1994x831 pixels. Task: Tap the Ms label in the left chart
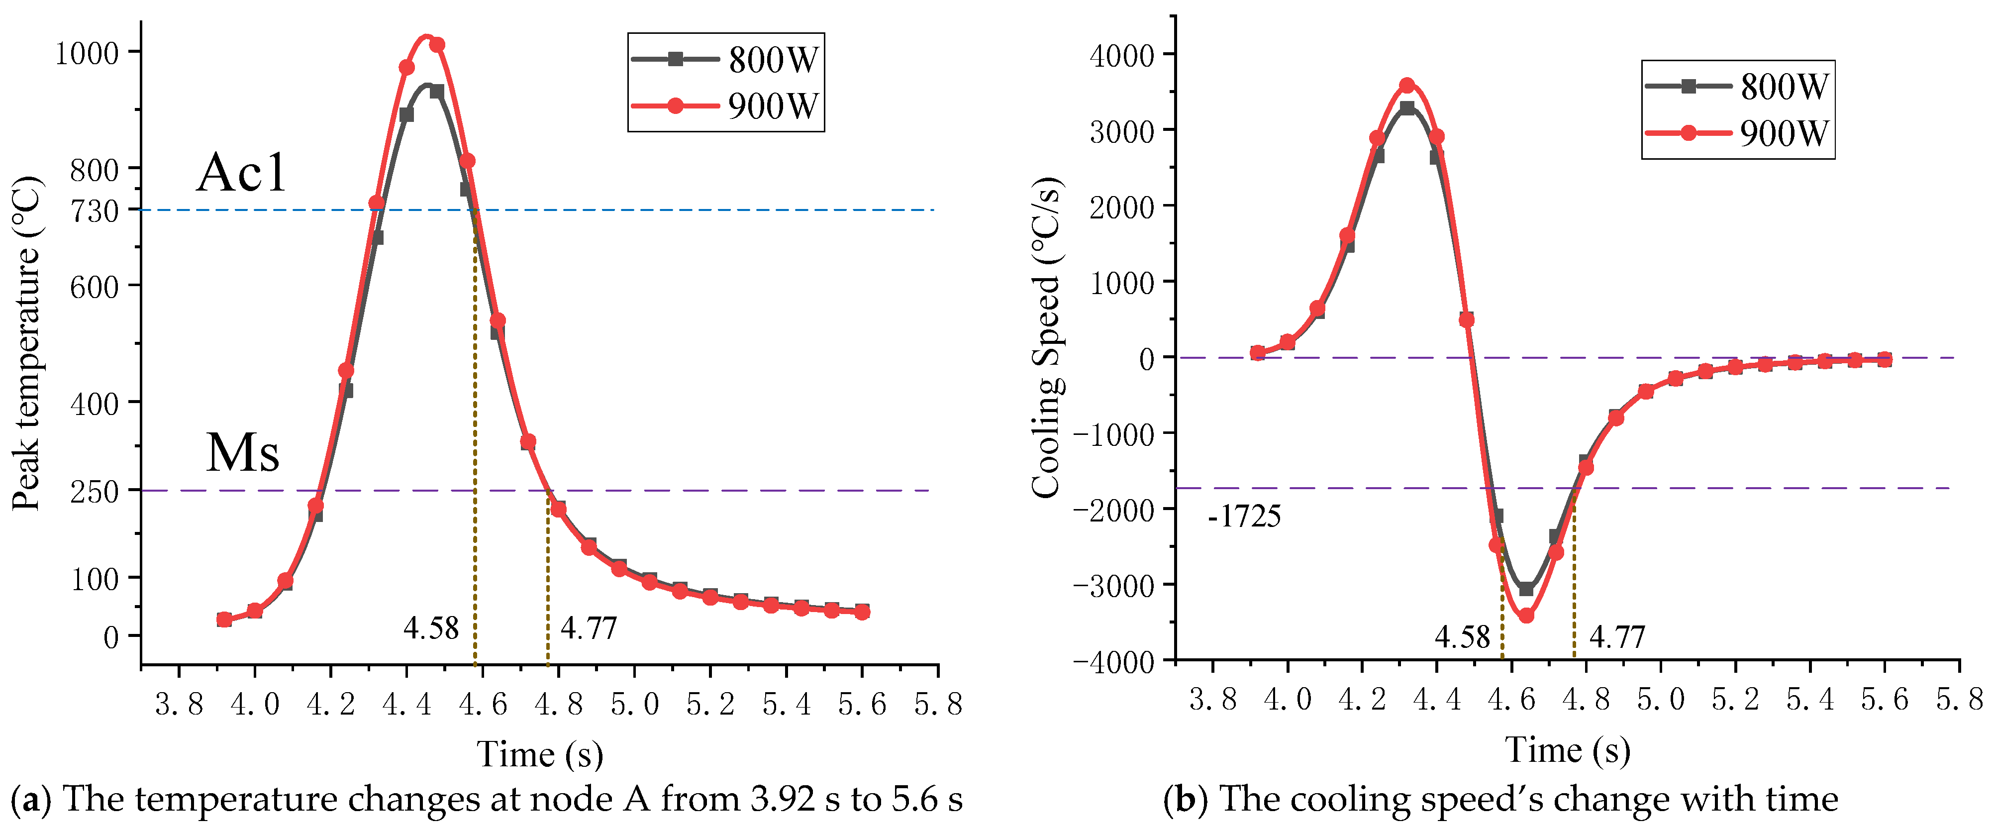coord(242,452)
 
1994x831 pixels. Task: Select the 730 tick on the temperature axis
coord(95,210)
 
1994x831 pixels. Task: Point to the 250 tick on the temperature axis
coord(95,491)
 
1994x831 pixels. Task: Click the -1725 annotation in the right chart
coord(1244,516)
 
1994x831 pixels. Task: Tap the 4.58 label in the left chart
coord(431,627)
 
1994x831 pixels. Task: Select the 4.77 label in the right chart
coord(1617,636)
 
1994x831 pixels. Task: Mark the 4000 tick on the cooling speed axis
coord(1121,56)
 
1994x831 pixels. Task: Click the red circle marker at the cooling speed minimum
coord(1526,616)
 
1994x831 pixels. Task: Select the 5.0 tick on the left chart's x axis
coord(635,704)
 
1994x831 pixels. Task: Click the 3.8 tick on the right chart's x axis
coord(1212,699)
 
